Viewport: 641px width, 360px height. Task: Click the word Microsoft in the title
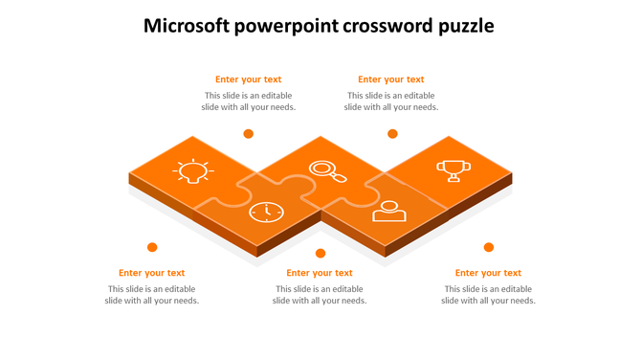coord(188,26)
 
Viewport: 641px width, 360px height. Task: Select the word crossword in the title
coord(391,26)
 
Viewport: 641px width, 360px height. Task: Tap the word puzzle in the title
coord(467,27)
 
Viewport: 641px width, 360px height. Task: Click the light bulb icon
coord(193,171)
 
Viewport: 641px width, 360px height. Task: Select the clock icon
coord(266,212)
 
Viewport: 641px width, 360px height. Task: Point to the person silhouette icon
coord(389,210)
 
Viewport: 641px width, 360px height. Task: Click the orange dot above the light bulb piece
coord(248,134)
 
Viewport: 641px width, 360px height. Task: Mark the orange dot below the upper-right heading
coord(391,134)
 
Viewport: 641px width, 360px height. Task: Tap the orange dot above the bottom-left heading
coord(151,247)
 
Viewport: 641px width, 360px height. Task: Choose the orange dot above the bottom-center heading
coord(320,254)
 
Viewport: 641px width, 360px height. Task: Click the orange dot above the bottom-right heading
coord(488,247)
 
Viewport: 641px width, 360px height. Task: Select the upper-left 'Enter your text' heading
coord(248,79)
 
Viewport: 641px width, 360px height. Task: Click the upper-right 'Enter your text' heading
coord(391,79)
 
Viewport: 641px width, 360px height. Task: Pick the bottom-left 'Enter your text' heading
coord(151,273)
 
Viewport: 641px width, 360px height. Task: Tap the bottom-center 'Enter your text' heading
coord(320,273)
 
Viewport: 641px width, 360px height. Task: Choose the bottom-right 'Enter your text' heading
coord(488,273)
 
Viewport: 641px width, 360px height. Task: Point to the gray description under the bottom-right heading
coord(488,295)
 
